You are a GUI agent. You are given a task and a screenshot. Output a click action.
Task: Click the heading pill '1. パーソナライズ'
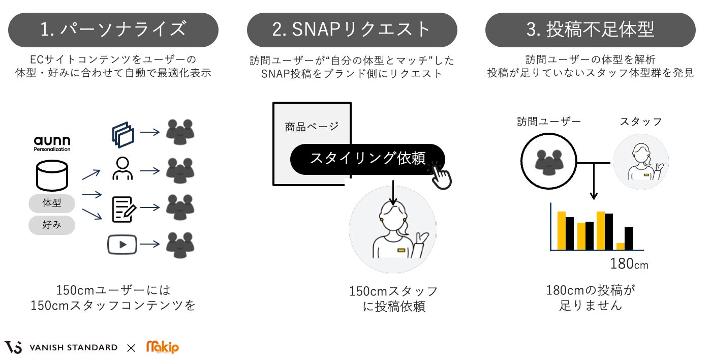click(113, 30)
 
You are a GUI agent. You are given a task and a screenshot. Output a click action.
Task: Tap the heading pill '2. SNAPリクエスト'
click(352, 30)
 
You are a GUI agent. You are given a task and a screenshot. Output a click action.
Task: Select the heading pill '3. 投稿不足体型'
click(590, 30)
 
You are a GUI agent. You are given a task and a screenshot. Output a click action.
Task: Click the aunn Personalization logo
click(52, 143)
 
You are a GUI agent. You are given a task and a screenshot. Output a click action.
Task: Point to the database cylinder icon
click(52, 175)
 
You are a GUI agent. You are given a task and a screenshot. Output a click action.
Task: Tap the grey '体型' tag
click(52, 203)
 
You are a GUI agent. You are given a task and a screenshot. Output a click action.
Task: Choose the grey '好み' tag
click(52, 224)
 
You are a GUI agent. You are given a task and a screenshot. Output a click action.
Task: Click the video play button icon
click(122, 244)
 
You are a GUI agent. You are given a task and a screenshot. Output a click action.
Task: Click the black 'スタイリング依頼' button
click(367, 159)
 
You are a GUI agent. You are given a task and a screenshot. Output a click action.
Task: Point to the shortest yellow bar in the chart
click(620, 246)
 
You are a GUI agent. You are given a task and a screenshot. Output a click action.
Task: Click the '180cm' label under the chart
click(629, 264)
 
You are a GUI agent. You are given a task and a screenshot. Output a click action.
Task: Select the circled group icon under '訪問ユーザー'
click(548, 161)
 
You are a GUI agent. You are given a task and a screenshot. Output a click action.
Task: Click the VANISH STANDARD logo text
click(73, 348)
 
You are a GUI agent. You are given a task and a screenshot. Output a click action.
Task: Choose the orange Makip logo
click(163, 347)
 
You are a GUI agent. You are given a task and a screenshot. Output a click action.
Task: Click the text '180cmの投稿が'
click(591, 290)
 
